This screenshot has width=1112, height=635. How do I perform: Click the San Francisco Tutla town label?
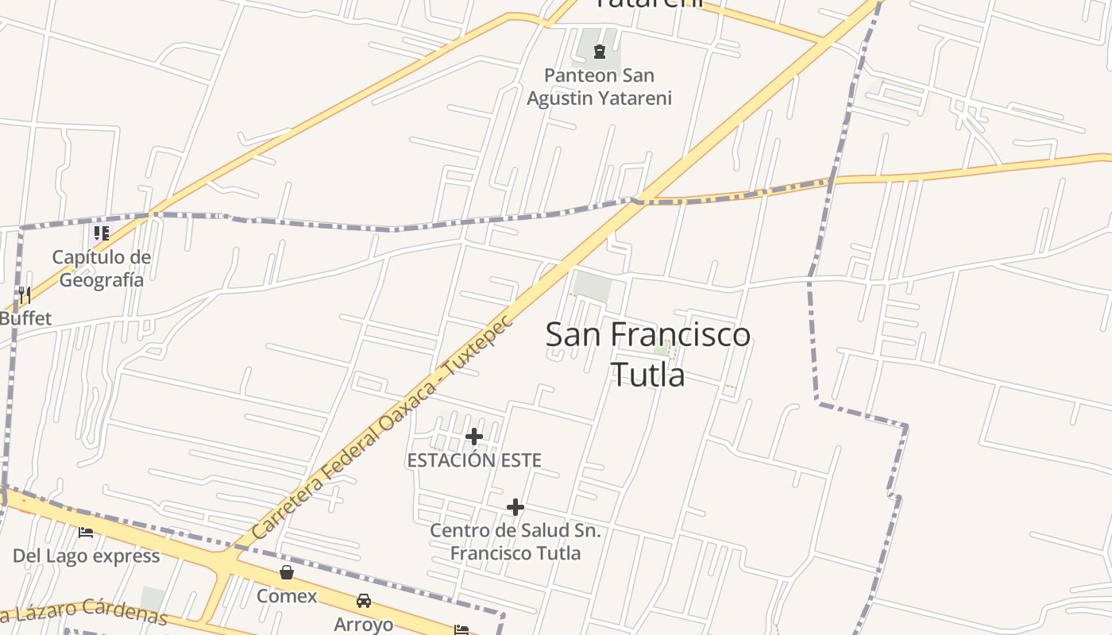pos(648,353)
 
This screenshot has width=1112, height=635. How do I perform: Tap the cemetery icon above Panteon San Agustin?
pos(600,52)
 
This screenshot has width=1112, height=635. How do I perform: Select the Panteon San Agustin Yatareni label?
pos(600,87)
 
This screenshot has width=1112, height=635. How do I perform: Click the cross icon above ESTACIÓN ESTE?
pos(474,437)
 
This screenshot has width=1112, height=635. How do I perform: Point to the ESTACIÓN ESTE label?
pos(474,460)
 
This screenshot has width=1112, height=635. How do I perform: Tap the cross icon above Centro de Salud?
pos(515,507)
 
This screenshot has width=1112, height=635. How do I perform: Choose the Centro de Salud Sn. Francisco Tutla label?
pos(515,541)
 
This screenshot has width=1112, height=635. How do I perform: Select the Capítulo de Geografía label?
pos(101,268)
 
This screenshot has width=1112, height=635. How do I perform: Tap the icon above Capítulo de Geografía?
pos(102,233)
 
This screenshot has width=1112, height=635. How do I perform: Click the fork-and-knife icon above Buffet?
pos(25,296)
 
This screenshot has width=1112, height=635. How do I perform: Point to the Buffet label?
pos(25,319)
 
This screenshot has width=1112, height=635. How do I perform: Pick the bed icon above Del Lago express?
pos(86,533)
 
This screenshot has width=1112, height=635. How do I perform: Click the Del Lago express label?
pos(86,556)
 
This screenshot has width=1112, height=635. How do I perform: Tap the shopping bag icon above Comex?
pos(287,572)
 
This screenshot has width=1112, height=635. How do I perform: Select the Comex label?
pos(287,596)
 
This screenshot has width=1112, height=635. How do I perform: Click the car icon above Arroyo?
pos(364,601)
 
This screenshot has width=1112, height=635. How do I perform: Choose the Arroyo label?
pos(364,624)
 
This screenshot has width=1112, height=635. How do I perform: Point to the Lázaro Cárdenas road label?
pos(83,612)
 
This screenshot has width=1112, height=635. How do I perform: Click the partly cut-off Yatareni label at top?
pos(649,4)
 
